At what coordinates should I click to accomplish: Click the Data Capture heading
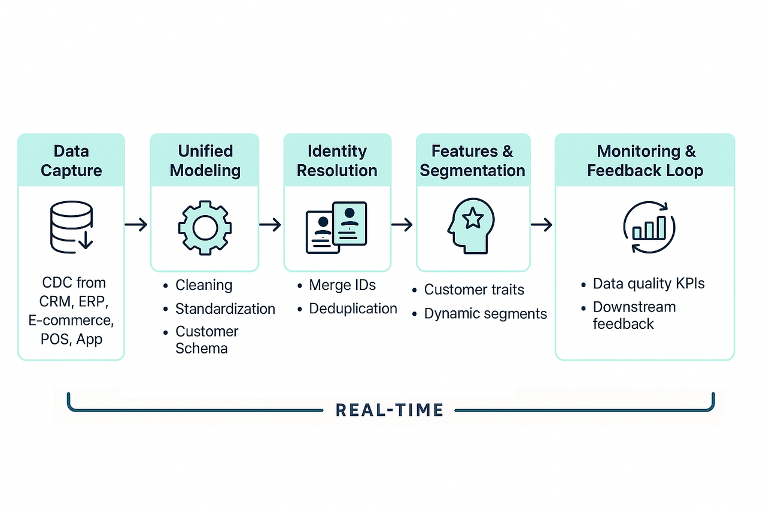(x=71, y=161)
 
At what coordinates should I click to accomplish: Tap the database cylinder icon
(x=71, y=226)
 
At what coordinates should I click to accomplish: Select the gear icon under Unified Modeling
(x=205, y=227)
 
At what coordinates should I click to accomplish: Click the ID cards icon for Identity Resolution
(x=336, y=227)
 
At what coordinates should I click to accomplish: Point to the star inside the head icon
(x=473, y=219)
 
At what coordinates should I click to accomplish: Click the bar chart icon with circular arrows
(x=649, y=227)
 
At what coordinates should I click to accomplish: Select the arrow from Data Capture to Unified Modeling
(x=136, y=225)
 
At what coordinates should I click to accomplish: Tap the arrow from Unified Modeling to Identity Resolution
(x=270, y=225)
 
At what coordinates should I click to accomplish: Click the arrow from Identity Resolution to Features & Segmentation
(x=402, y=225)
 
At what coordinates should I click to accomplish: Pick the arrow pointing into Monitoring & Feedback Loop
(x=541, y=225)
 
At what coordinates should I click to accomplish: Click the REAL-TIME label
(x=390, y=410)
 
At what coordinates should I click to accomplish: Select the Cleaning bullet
(x=203, y=286)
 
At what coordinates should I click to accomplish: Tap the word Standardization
(x=225, y=309)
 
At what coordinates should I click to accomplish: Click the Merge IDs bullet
(x=342, y=286)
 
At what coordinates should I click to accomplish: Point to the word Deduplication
(x=353, y=309)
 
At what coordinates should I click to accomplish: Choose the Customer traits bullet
(x=474, y=290)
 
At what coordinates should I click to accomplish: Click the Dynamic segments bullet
(x=485, y=313)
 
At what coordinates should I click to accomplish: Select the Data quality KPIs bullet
(x=649, y=284)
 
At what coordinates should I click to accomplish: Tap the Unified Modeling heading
(x=205, y=161)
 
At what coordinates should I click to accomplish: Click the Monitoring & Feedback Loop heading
(x=645, y=161)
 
